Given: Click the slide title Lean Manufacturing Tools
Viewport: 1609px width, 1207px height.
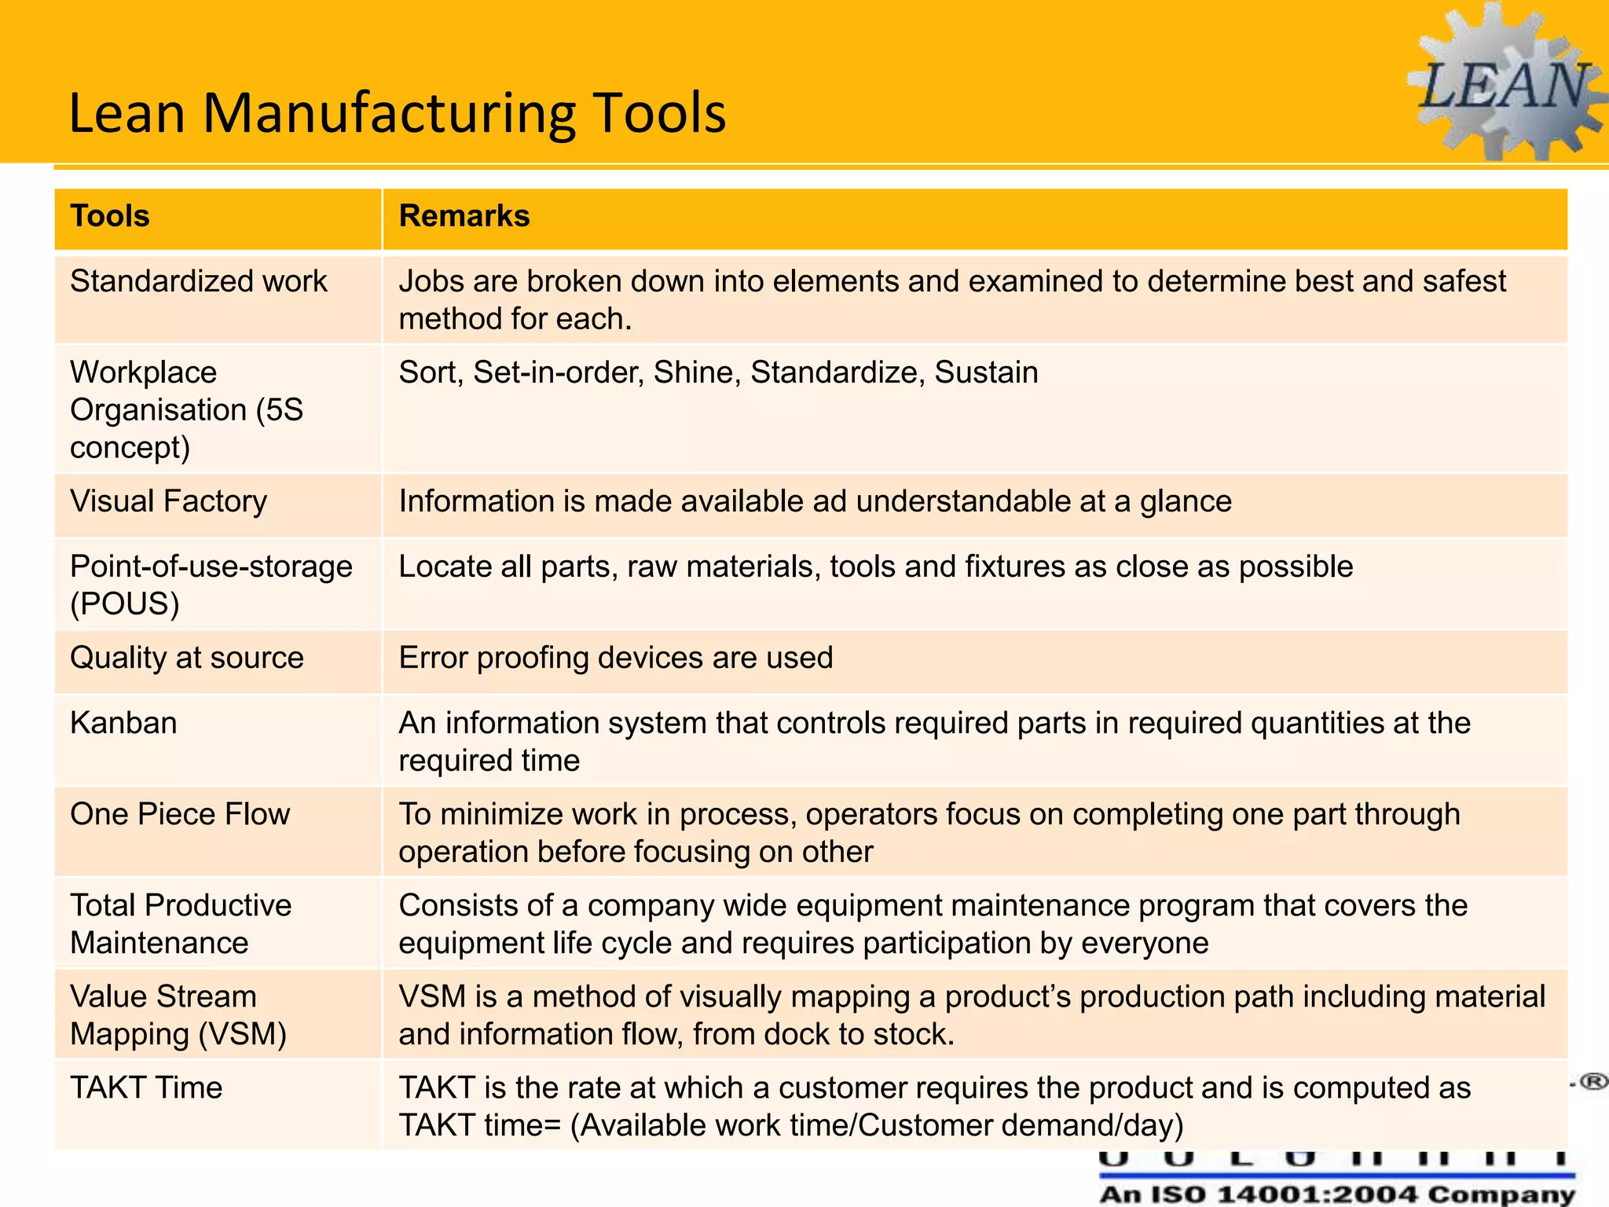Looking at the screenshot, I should pyautogui.click(x=398, y=113).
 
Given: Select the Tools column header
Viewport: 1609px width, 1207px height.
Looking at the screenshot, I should pyautogui.click(x=110, y=216).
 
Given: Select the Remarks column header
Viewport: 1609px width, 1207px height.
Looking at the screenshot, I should pyautogui.click(x=464, y=216).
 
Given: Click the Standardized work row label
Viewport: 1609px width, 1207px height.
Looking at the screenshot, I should pyautogui.click(x=199, y=281).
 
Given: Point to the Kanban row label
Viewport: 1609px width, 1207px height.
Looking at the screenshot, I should pyautogui.click(x=123, y=723).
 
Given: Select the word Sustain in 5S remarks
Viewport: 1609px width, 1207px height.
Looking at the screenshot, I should pyautogui.click(x=986, y=372).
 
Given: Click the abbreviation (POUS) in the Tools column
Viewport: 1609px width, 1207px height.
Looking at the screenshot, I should pyautogui.click(x=125, y=604).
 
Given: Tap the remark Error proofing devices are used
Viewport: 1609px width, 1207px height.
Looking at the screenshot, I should pyautogui.click(x=616, y=658).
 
